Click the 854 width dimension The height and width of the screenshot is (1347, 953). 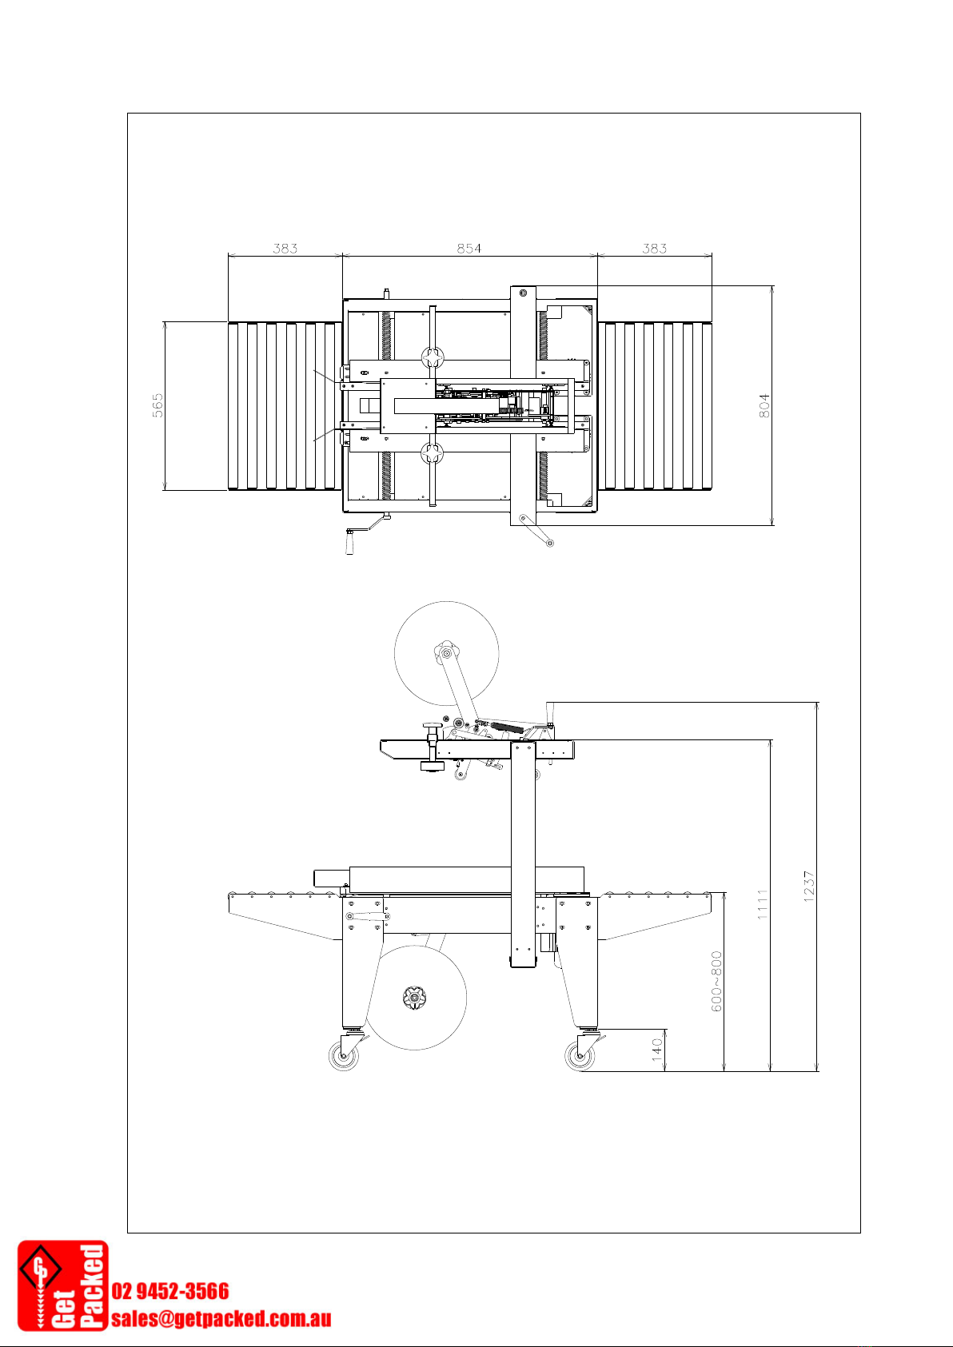tap(469, 248)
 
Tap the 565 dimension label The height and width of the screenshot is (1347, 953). tap(158, 405)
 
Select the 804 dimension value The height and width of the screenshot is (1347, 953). tap(764, 405)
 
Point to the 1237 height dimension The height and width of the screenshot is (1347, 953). tap(809, 886)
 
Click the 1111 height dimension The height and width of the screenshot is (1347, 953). tap(763, 904)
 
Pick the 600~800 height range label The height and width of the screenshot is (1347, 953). tap(716, 981)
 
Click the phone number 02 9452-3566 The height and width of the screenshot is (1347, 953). tap(170, 1290)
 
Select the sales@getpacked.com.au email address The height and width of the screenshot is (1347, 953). tap(221, 1319)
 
